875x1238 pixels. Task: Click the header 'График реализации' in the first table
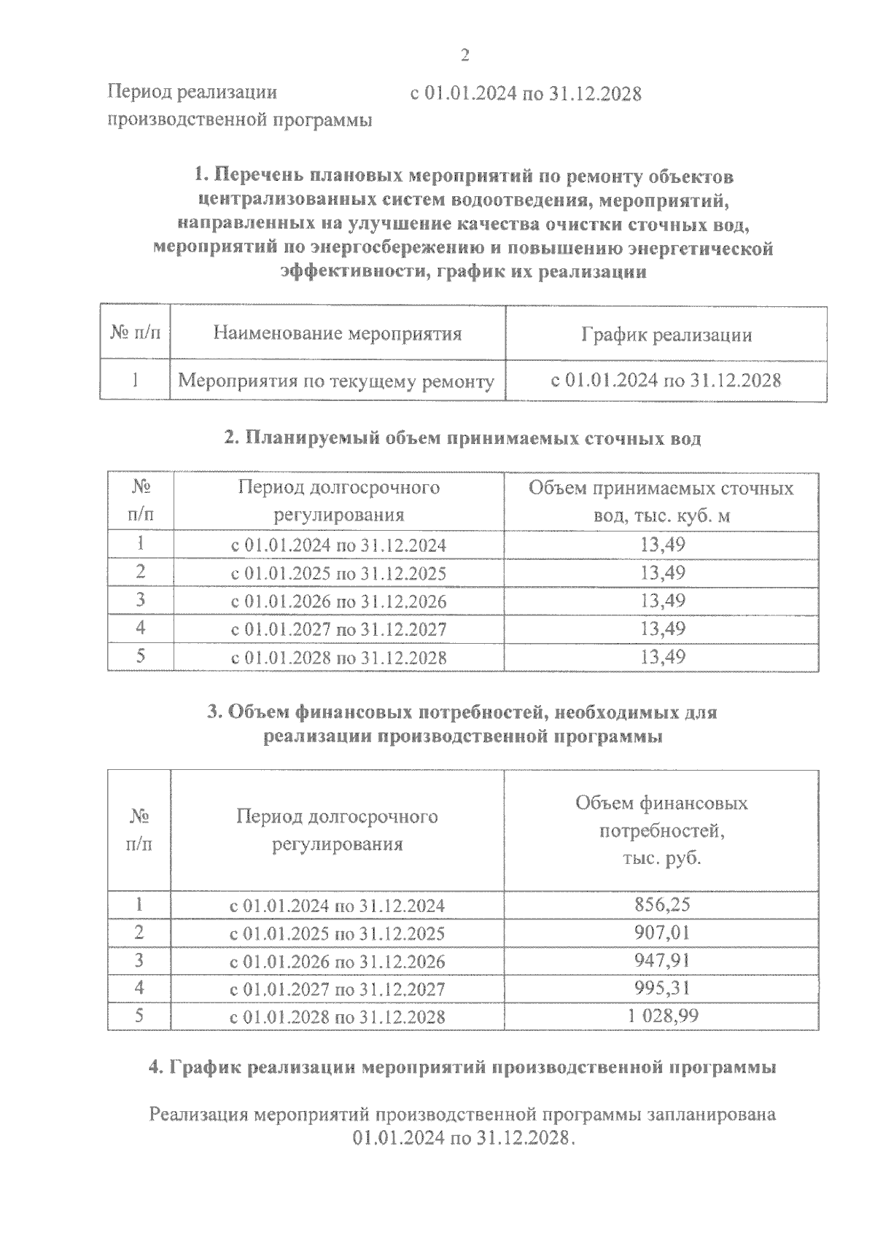[666, 335]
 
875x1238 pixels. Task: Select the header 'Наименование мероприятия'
[338, 334]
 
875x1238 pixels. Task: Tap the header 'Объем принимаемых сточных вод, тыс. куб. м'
[661, 502]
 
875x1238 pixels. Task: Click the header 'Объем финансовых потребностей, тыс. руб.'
[661, 830]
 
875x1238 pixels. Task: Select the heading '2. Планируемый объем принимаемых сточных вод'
[462, 438]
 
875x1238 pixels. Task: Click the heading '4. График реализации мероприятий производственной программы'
[462, 1067]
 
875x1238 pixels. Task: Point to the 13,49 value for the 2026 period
[662, 601]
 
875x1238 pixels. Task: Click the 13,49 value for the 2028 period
[662, 656]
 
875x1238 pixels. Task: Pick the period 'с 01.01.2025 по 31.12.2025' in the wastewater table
[338, 573]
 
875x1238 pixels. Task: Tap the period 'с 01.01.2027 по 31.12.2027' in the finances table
[337, 989]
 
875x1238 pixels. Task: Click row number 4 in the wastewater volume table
[141, 628]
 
